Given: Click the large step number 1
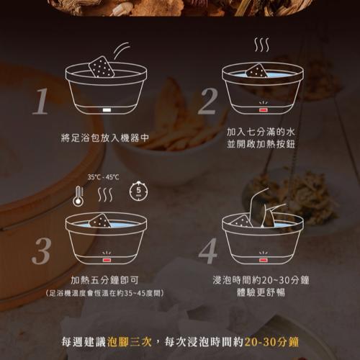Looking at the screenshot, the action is [x=41, y=101].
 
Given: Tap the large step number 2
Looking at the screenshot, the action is [x=208, y=101].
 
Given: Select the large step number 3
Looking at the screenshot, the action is [x=41, y=251].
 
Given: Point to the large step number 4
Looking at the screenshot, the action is [x=208, y=251].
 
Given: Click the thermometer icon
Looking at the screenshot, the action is [x=78, y=196].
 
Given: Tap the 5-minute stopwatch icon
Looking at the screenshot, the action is [x=138, y=191].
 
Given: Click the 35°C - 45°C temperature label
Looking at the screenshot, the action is [x=103, y=177].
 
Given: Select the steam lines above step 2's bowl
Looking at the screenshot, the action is [x=261, y=45].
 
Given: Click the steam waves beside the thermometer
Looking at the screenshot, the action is [x=105, y=194].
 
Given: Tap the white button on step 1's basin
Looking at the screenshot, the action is [x=107, y=110].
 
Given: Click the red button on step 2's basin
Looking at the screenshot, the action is [x=263, y=110].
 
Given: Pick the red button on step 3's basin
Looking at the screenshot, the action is [x=107, y=260].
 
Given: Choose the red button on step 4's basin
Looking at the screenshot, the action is [x=263, y=260].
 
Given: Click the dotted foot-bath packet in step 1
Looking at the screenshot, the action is [x=102, y=67].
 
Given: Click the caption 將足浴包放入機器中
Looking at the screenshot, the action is [x=105, y=138].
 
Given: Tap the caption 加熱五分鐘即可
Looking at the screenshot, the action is [x=104, y=280].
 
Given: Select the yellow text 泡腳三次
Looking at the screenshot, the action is [x=130, y=342].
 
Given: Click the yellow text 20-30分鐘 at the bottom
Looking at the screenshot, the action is [x=271, y=342].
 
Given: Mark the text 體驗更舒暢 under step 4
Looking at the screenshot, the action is [x=261, y=292].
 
